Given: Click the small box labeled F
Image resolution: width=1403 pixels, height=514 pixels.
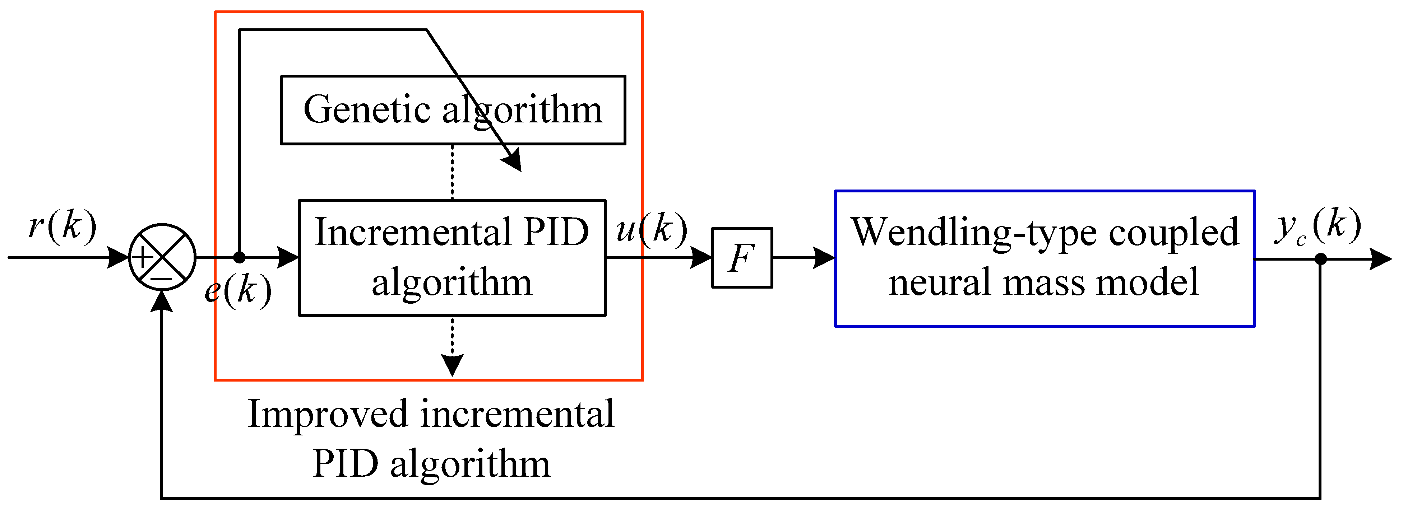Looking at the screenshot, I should point(742,258).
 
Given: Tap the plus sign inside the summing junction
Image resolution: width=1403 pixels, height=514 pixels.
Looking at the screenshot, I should point(143,257).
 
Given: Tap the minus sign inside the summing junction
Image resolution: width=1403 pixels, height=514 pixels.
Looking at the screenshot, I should point(162,279).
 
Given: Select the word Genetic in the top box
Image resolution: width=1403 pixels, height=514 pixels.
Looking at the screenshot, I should point(368,110).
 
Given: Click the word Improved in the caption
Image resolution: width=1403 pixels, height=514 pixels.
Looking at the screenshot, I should point(328,414).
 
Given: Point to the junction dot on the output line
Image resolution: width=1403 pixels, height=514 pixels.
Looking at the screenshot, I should point(1320,259).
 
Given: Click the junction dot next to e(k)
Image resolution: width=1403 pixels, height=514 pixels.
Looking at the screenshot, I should point(239,257).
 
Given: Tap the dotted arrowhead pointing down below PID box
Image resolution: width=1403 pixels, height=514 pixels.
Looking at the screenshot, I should point(452,364).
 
